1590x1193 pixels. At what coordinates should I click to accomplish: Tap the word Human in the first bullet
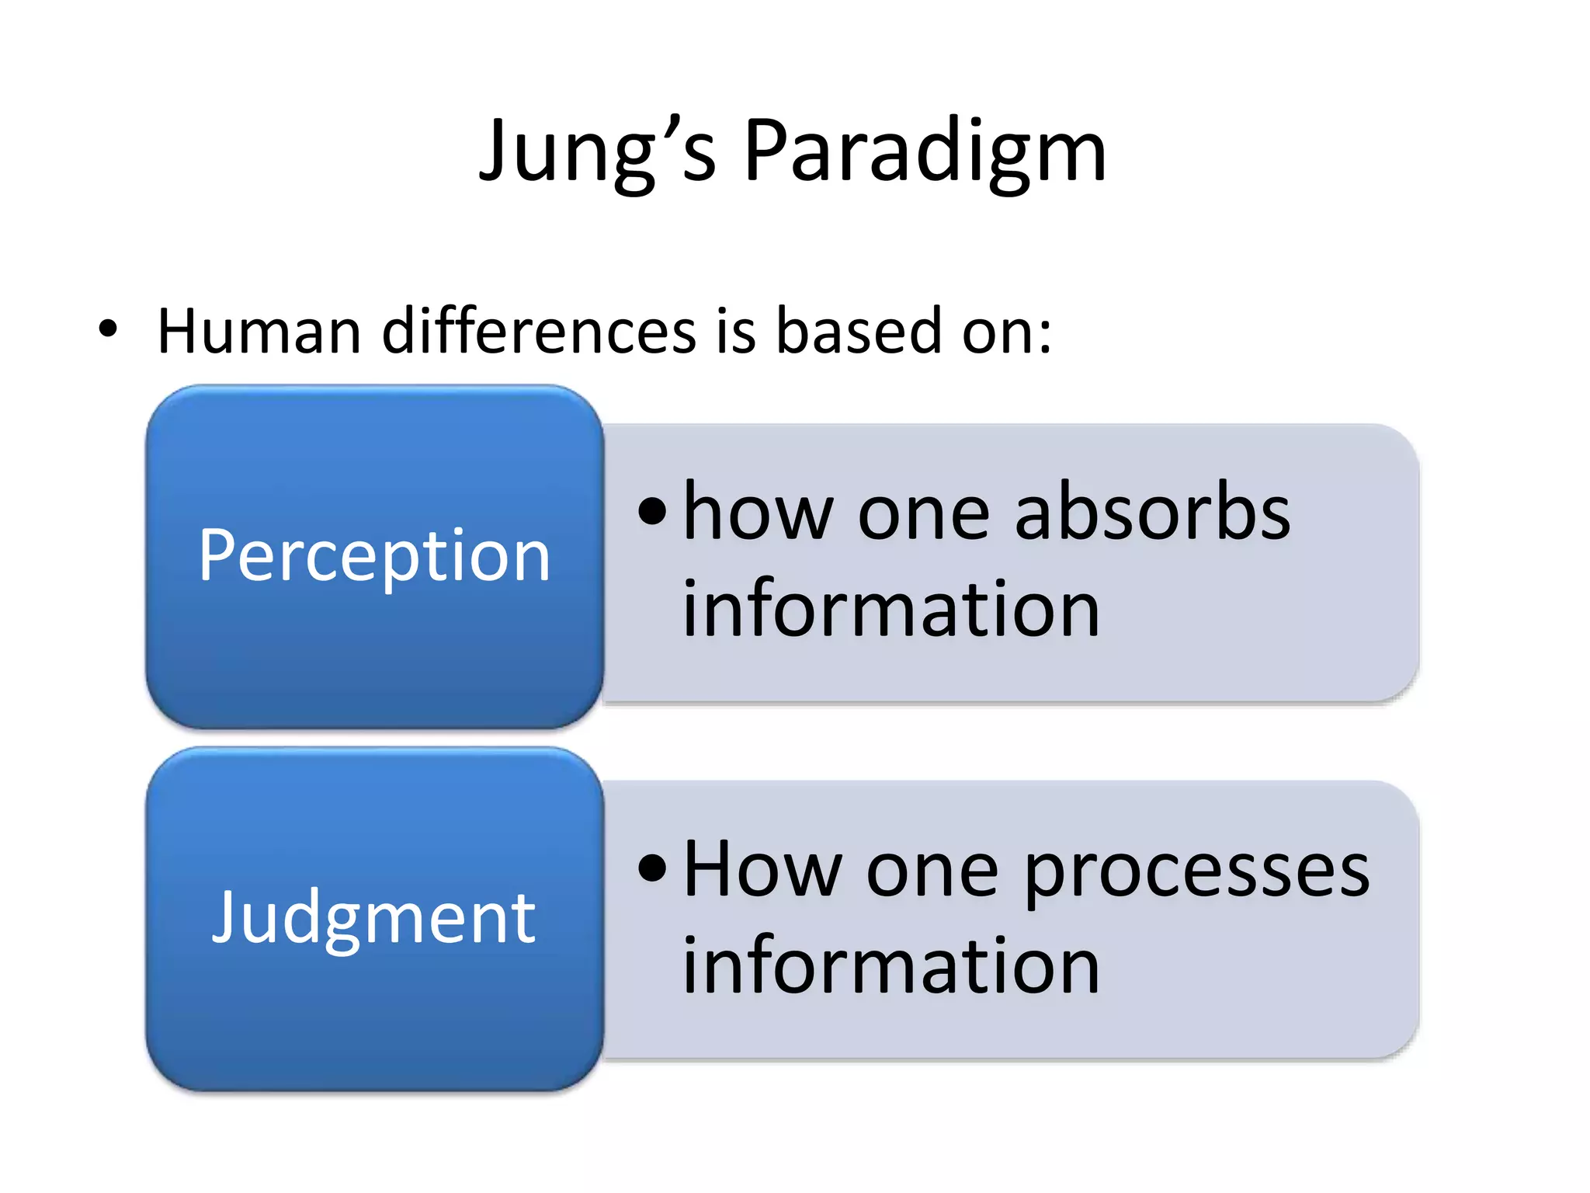(x=259, y=332)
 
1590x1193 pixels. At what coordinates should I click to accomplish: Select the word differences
(x=539, y=332)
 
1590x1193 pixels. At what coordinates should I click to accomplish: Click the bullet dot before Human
(x=108, y=329)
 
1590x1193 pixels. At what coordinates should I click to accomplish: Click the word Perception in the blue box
(x=374, y=555)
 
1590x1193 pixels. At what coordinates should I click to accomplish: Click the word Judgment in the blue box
(x=374, y=918)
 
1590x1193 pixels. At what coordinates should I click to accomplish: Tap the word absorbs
(x=1152, y=513)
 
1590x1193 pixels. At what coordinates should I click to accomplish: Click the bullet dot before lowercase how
(x=652, y=512)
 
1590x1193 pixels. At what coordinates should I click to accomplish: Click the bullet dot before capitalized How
(x=652, y=868)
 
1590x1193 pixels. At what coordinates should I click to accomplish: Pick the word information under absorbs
(x=890, y=609)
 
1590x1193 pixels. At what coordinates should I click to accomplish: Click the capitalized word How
(x=762, y=870)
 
